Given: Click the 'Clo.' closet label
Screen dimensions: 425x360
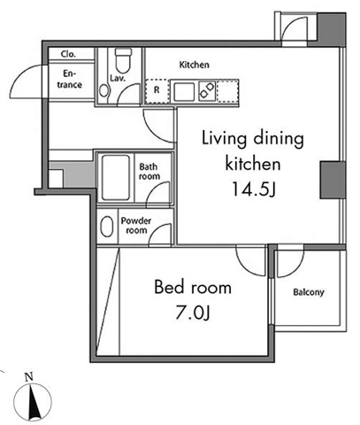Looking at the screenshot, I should click(x=68, y=54).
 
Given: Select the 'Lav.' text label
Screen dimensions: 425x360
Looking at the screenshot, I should click(x=117, y=79).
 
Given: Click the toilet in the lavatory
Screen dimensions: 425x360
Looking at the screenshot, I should click(x=124, y=59).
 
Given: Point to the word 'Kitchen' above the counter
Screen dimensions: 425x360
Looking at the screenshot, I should click(x=194, y=65).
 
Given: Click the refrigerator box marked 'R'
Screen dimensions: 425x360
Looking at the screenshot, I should click(x=156, y=90).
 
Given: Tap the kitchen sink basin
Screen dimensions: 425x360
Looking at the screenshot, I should click(x=185, y=90).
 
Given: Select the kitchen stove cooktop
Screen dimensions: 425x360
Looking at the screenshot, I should click(x=210, y=90).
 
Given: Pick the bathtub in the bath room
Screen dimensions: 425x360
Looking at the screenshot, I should click(x=115, y=177).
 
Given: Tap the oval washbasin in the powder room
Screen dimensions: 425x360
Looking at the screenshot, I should click(x=106, y=229).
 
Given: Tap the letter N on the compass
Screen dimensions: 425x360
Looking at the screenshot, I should click(x=28, y=377).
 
